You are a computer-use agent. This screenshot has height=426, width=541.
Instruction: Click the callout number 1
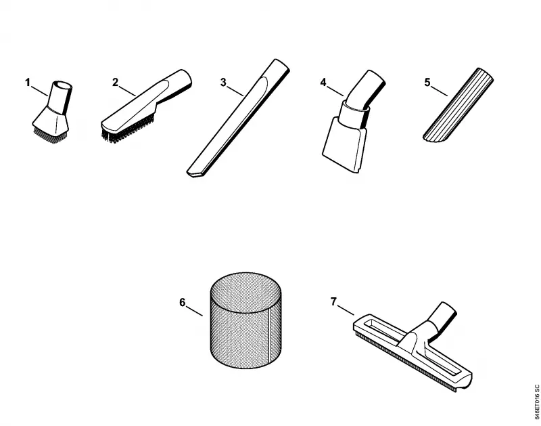28,83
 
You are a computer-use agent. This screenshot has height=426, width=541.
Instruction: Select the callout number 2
115,82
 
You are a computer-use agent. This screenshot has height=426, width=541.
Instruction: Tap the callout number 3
223,83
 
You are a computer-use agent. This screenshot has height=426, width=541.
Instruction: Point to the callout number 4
323,83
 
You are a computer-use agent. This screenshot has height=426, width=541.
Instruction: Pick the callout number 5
427,83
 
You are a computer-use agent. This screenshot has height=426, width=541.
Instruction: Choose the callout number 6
183,302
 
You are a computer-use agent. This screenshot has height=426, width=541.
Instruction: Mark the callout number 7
333,301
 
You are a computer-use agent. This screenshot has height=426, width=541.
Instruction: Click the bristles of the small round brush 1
51,134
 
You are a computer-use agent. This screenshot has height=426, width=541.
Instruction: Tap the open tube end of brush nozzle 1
63,85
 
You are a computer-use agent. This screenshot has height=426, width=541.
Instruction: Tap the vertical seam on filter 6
268,336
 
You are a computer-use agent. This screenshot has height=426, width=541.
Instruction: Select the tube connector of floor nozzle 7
443,317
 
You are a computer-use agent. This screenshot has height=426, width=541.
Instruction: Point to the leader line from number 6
195,310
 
